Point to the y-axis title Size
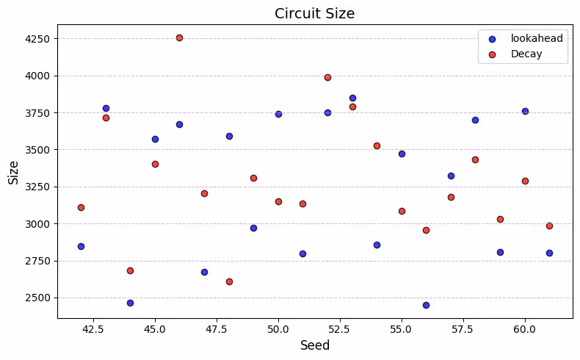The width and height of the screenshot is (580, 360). pyautogui.click(x=13, y=172)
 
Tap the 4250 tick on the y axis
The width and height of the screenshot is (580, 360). pyautogui.click(x=37, y=38)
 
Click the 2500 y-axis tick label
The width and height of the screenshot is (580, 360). pyautogui.click(x=37, y=298)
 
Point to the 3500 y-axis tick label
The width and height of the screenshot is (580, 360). pyautogui.click(x=37, y=150)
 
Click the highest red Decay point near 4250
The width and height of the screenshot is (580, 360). pyautogui.click(x=179, y=37)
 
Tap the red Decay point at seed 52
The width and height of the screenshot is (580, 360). pyautogui.click(x=327, y=77)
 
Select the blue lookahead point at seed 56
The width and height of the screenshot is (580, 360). pyautogui.click(x=426, y=305)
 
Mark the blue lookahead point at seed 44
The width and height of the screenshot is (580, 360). pyautogui.click(x=130, y=303)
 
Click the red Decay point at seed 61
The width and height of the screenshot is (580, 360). pyautogui.click(x=549, y=226)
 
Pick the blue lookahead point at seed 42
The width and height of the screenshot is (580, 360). pyautogui.click(x=81, y=246)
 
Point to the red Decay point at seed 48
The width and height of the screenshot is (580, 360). pyautogui.click(x=229, y=281)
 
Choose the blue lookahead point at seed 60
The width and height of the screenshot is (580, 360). pyautogui.click(x=525, y=111)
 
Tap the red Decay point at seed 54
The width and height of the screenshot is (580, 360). pyautogui.click(x=377, y=145)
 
